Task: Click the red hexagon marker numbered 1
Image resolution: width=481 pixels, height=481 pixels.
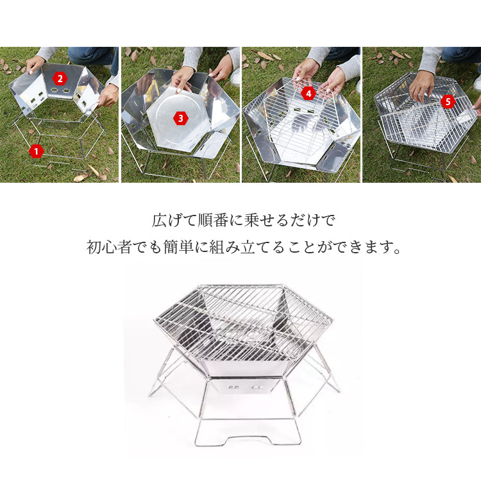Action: point(36,151)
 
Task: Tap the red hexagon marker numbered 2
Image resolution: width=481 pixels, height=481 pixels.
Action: point(60,79)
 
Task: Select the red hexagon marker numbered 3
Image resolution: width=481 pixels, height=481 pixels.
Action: point(180,118)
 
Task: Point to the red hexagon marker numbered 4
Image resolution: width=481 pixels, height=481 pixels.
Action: point(308,93)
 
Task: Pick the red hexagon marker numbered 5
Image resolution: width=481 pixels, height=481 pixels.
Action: point(448,101)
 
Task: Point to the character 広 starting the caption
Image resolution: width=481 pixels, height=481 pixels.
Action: point(160,220)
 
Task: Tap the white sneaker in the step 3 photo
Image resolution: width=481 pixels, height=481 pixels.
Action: point(235,77)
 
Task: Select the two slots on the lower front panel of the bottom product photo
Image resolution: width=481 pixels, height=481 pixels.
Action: point(244,387)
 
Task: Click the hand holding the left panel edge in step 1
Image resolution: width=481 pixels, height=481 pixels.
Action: point(35,64)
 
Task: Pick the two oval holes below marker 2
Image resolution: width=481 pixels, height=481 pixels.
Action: point(60,91)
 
